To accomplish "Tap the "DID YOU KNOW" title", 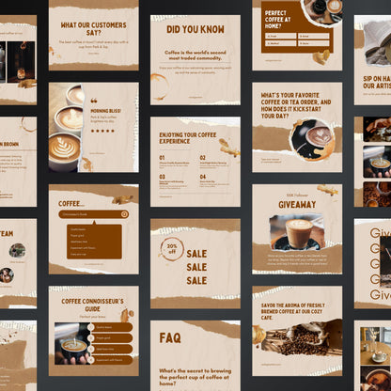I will point(195,29).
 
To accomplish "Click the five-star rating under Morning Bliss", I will point(102,132).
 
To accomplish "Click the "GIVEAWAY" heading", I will point(296,202).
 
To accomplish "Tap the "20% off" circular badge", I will point(171,249).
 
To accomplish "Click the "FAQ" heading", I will point(171,336).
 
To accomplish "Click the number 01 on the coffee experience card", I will point(162,158).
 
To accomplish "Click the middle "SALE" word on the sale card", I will point(196,267).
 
